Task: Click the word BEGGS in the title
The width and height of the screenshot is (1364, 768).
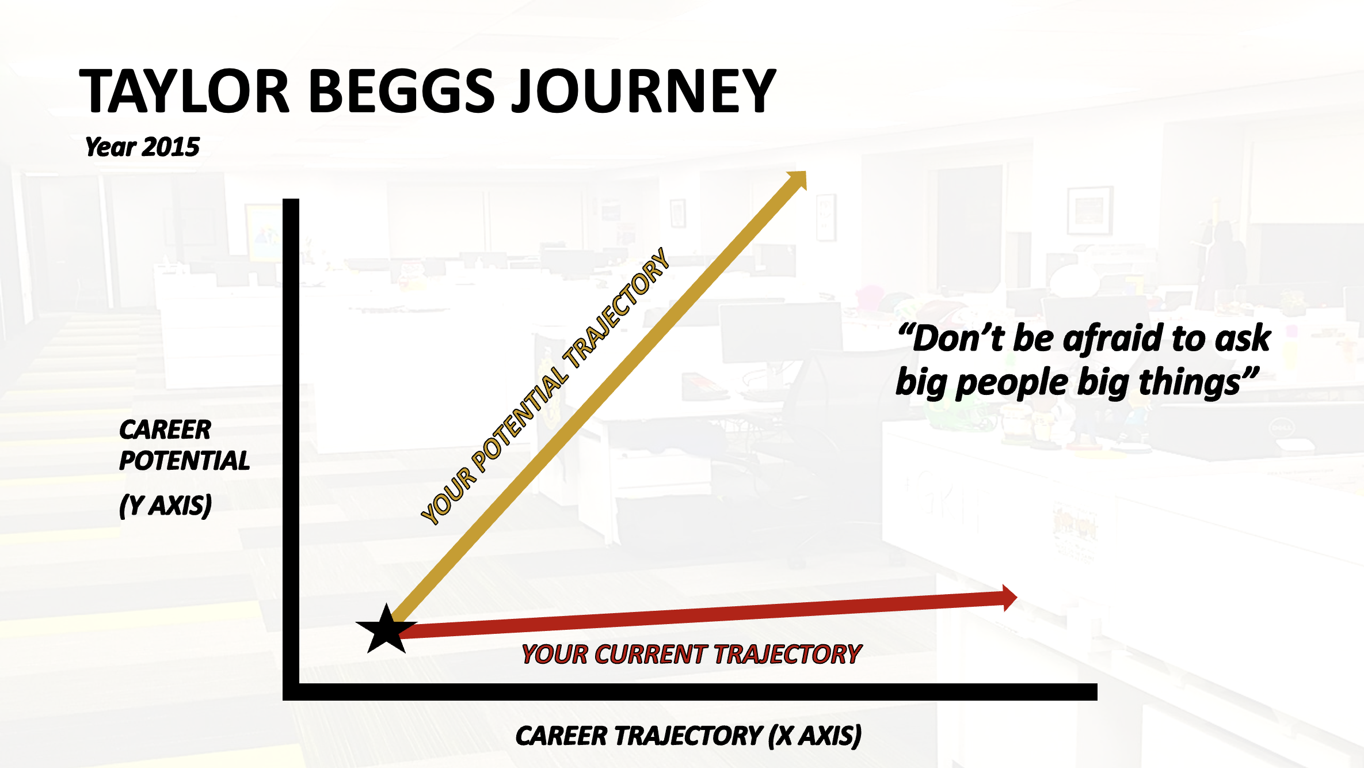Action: pos(401,90)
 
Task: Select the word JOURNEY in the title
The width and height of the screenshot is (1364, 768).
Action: pos(644,90)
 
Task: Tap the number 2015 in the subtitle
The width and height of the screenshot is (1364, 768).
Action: pos(170,147)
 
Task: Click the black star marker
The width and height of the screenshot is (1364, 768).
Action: pos(386,629)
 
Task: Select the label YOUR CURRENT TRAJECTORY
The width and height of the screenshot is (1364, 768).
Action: pos(691,655)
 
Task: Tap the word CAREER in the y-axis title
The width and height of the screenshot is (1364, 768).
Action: pos(165,429)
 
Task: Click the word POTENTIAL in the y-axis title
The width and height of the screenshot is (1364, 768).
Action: pos(184,461)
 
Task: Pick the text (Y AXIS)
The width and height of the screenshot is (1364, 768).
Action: pos(165,505)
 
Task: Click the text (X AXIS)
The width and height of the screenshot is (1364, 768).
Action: pos(815,736)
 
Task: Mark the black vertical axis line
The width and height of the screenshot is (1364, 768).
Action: pos(291,449)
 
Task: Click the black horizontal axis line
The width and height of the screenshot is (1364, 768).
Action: pos(690,692)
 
